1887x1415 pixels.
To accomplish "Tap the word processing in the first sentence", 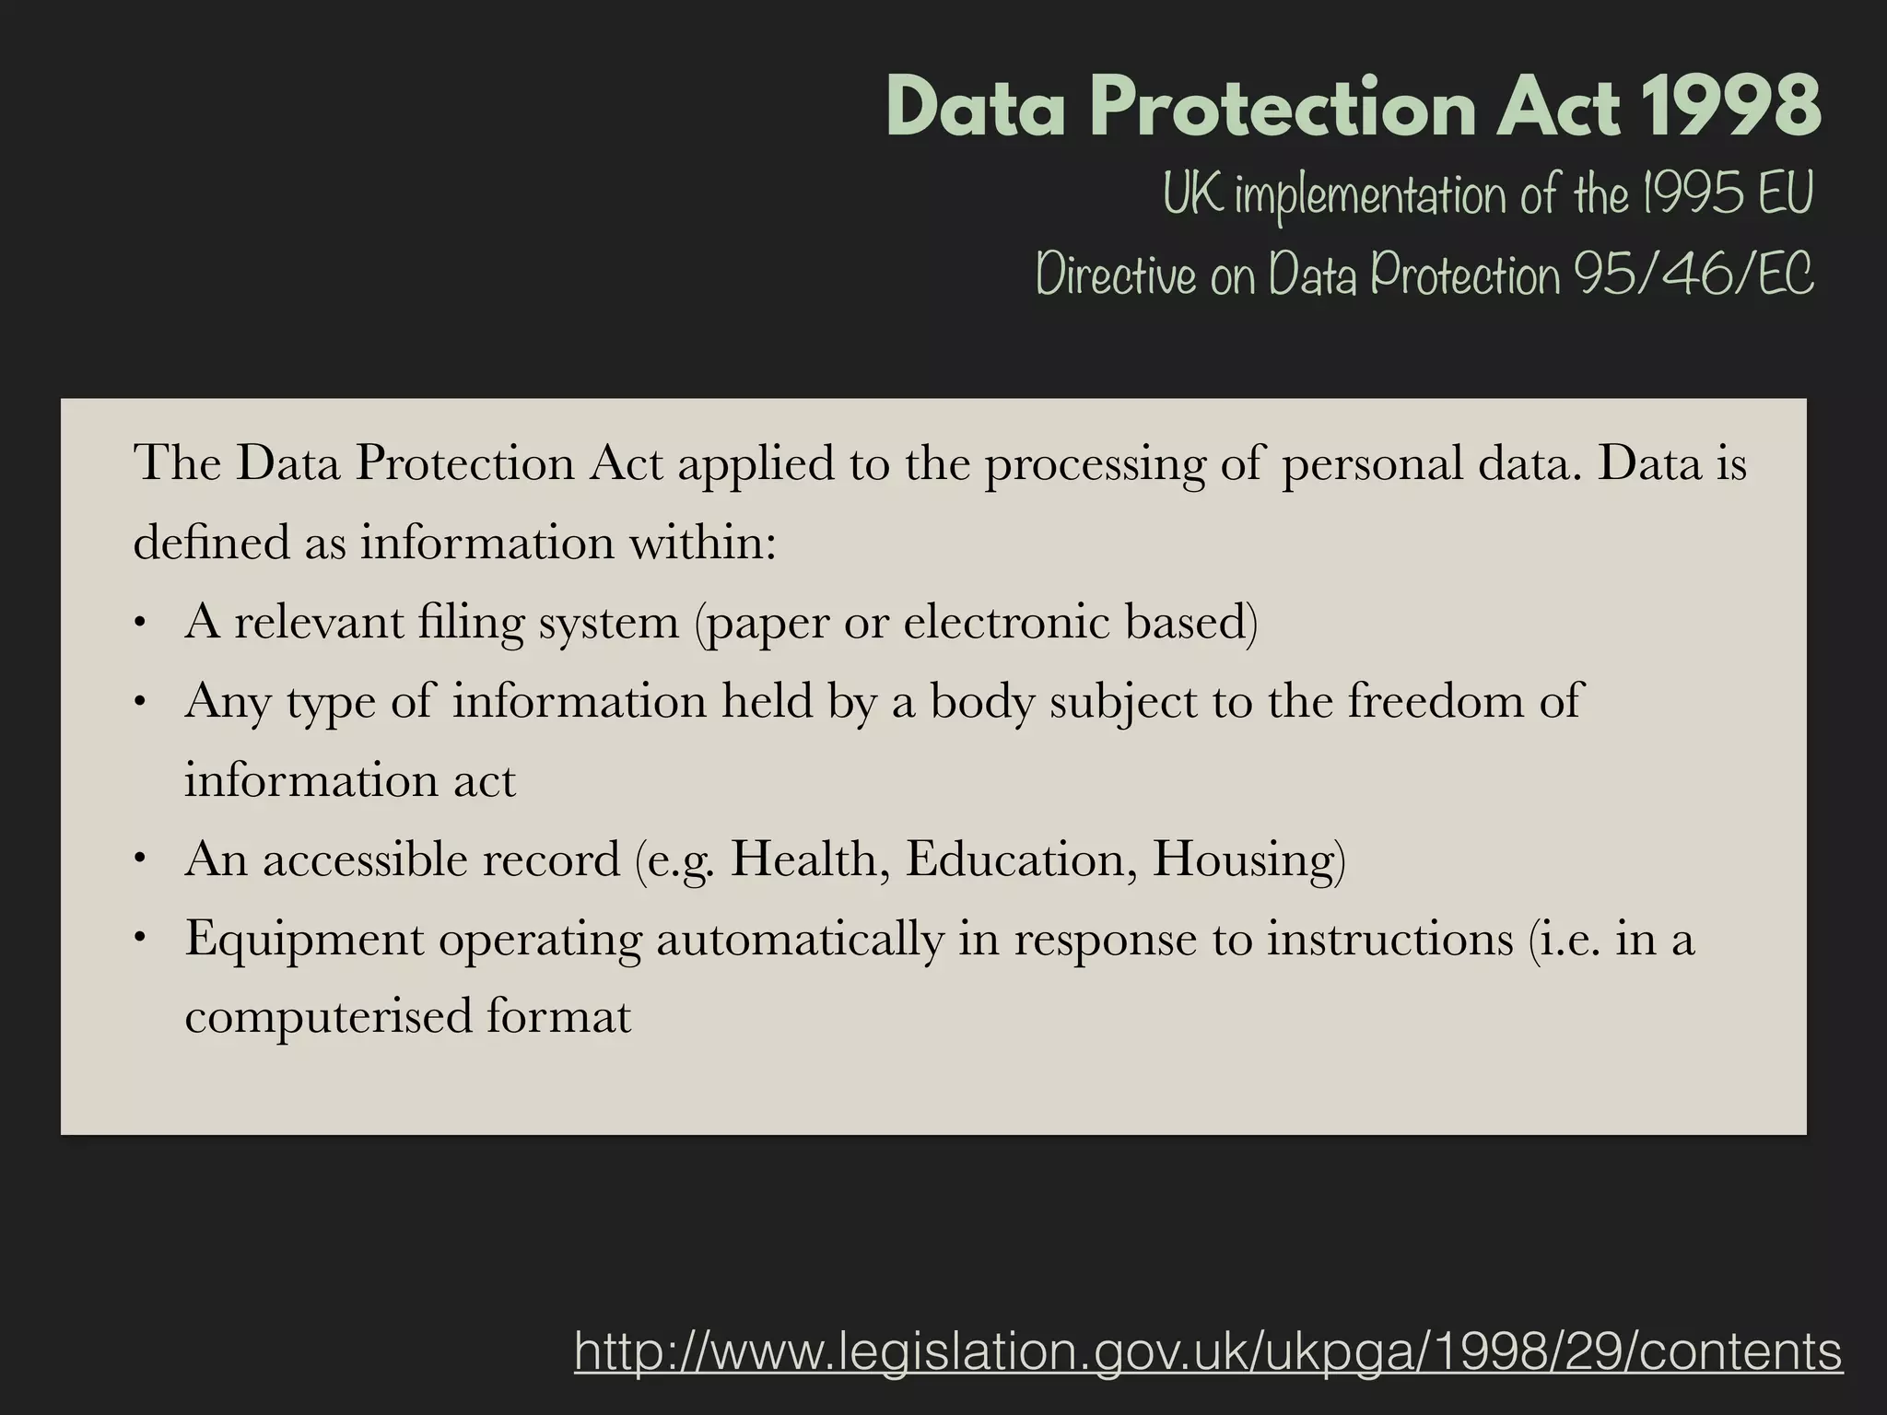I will [x=1095, y=463].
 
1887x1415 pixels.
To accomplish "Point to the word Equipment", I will [x=303, y=940].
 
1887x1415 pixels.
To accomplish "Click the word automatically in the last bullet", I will [x=800, y=940].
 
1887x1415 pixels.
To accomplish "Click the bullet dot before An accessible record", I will [x=140, y=860].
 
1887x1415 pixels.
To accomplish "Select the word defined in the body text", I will [x=212, y=543].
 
